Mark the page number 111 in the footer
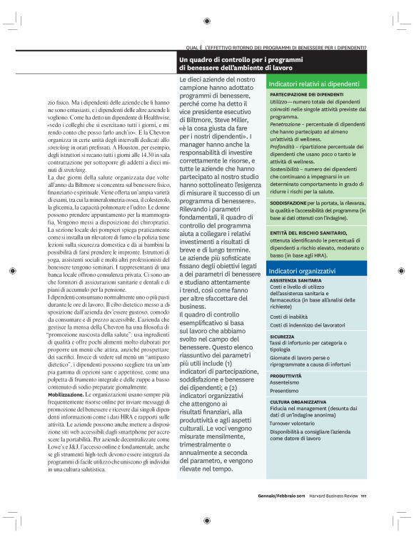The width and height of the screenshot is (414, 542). (364, 497)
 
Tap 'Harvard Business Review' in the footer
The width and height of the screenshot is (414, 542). (333, 497)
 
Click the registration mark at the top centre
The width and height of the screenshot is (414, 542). (206, 21)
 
